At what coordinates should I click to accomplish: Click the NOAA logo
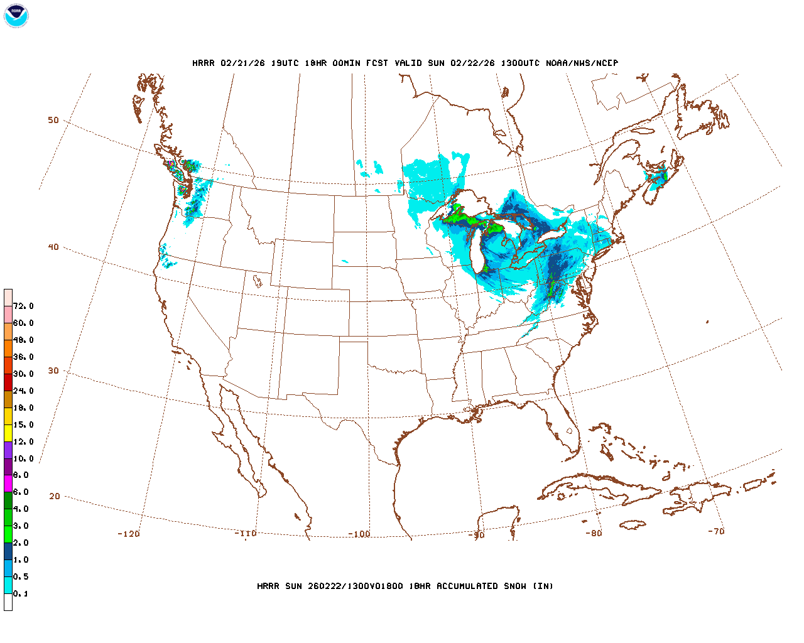[16, 16]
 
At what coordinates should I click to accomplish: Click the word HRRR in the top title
[204, 63]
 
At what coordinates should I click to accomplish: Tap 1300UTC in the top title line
[521, 63]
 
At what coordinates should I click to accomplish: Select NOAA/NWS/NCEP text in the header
[582, 63]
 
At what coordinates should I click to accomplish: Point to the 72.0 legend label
[23, 306]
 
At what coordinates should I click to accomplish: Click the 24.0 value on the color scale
[23, 391]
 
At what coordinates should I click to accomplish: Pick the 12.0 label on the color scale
[23, 442]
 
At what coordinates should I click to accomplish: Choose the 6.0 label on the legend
[21, 492]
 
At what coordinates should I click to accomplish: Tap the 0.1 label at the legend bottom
[21, 594]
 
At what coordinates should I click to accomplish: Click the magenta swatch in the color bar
[8, 484]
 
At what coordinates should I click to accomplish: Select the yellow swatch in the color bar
[8, 433]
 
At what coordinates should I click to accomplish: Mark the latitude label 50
[53, 121]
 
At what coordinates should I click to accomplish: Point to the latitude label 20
[55, 496]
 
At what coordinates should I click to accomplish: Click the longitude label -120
[129, 534]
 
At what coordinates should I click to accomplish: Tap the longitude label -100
[359, 534]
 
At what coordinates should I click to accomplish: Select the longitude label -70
[716, 531]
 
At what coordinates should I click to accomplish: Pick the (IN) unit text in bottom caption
[543, 586]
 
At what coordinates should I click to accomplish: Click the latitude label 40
[53, 247]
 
